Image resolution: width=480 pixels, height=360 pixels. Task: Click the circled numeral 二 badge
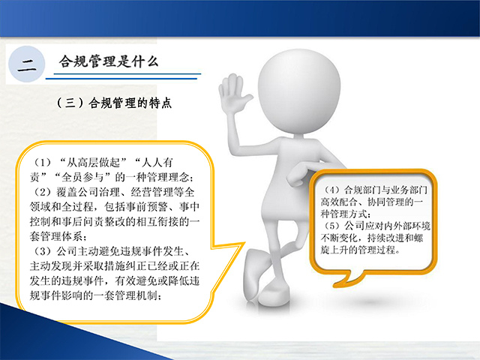pos(27,64)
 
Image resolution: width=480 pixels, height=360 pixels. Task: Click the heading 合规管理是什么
pos(109,61)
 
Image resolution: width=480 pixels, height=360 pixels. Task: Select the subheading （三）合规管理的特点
pos(114,103)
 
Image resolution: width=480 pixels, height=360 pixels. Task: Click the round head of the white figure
pos(299,91)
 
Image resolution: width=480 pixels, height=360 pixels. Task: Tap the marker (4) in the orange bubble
pos(331,190)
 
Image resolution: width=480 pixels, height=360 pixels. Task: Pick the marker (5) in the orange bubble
pos(331,226)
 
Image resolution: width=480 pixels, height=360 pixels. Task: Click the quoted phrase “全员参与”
pos(82,177)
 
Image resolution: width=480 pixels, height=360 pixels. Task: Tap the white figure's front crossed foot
pos(274,294)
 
